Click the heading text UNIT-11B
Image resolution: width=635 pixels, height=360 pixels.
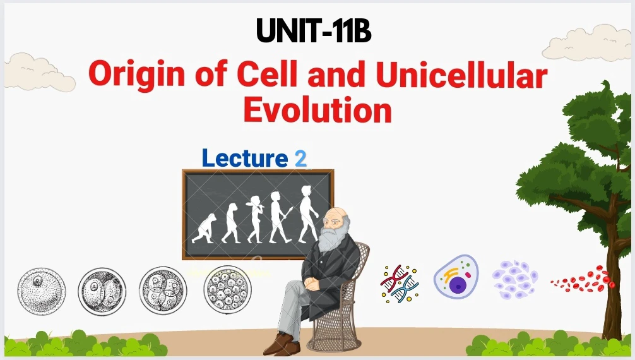[314, 31]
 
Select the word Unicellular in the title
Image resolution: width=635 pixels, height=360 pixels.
[461, 73]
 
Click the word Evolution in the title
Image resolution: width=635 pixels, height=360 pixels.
[317, 109]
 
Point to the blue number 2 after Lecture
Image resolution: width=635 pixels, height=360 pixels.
[300, 159]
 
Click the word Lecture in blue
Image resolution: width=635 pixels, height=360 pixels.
[245, 158]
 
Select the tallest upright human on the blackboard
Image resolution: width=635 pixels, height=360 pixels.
[308, 214]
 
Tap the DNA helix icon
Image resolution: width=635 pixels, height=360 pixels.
[400, 284]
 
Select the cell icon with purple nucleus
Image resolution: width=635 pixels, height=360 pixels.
[456, 277]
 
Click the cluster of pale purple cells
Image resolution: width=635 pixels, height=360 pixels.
[515, 279]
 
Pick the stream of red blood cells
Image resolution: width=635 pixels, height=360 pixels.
[583, 279]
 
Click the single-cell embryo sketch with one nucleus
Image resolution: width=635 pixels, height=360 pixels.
[41, 291]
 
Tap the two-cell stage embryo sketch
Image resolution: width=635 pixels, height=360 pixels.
[102, 291]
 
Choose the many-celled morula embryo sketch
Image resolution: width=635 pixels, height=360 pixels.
[228, 289]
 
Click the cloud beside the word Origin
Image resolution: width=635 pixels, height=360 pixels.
[40, 72]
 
